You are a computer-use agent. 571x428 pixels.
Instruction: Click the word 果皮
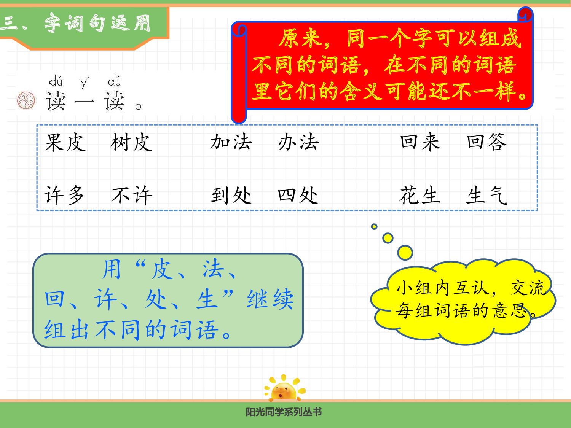65,143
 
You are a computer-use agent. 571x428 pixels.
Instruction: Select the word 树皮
131,143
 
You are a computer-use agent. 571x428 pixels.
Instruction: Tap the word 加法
231,142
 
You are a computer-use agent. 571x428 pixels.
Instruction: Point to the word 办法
298,142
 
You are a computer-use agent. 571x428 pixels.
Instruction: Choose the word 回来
420,142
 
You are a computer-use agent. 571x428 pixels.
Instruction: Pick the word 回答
487,142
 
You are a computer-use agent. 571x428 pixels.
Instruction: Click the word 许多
64,196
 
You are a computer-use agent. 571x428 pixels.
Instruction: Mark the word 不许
132,196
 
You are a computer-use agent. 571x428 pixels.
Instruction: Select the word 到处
231,196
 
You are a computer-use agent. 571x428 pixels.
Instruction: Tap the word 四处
298,196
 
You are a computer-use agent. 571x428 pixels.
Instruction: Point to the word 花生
420,196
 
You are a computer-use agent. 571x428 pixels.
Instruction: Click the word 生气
487,196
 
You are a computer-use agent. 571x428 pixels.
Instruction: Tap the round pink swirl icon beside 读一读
26,100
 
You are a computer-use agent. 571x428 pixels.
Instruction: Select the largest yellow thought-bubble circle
405,252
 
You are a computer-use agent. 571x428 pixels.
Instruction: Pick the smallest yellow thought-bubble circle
374,227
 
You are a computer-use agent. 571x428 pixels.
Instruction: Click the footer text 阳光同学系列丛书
284,412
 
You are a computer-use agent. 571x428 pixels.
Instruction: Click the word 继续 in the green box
270,299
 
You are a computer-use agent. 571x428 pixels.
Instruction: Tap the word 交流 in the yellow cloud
528,288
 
